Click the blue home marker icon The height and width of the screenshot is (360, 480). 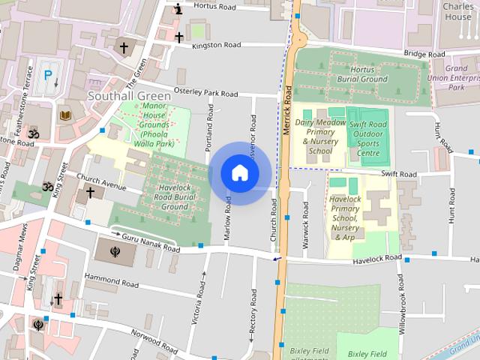[240, 173]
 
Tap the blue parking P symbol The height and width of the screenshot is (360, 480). [47, 75]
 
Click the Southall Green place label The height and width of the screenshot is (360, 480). [129, 96]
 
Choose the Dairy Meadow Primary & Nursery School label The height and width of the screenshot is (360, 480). [320, 136]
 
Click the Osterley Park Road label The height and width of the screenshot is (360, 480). [205, 93]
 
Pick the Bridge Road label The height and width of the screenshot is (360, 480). [424, 55]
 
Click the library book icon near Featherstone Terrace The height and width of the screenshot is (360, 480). [64, 115]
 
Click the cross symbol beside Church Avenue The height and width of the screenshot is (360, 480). [90, 193]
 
